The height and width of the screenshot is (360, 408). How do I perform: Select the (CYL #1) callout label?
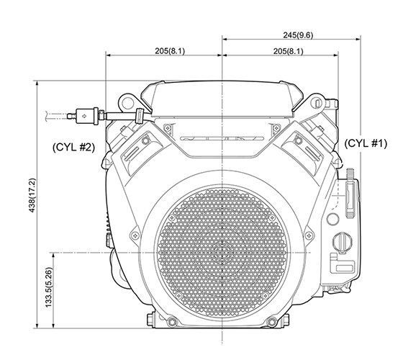366,143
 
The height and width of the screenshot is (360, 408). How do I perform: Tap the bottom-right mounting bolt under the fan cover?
271,320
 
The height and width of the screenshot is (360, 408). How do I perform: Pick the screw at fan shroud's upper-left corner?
167,128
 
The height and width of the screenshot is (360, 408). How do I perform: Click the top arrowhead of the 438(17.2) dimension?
35,84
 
